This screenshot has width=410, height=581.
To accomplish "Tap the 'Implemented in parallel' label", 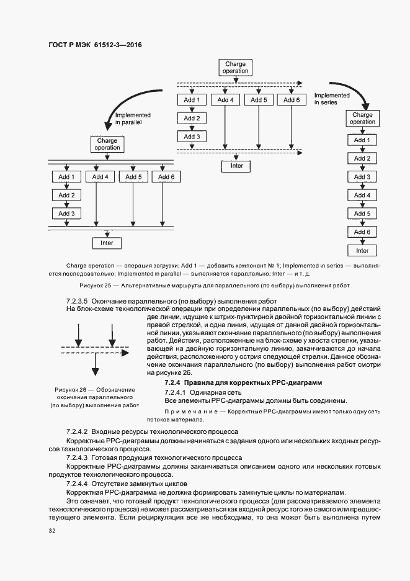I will pyautogui.click(x=128, y=119).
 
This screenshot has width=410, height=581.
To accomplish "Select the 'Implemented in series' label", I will pyautogui.click(x=332, y=99).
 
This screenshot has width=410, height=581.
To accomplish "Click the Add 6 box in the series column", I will pyautogui.click(x=362, y=232).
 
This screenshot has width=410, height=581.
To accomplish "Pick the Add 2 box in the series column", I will pyautogui.click(x=362, y=158).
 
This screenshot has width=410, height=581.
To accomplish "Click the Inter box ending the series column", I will pyautogui.click(x=362, y=251).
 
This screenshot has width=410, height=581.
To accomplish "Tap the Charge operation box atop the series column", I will pyautogui.click(x=362, y=118).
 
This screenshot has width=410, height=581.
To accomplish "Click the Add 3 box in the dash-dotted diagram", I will pyautogui.click(x=192, y=137).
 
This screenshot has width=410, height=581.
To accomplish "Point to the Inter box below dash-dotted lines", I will pyautogui.click(x=237, y=166).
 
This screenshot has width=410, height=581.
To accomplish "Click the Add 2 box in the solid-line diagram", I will pyautogui.click(x=66, y=196).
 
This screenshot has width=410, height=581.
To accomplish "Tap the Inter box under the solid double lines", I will pyautogui.click(x=107, y=243).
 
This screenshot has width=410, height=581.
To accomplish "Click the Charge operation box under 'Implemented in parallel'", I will pyautogui.click(x=107, y=144).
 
